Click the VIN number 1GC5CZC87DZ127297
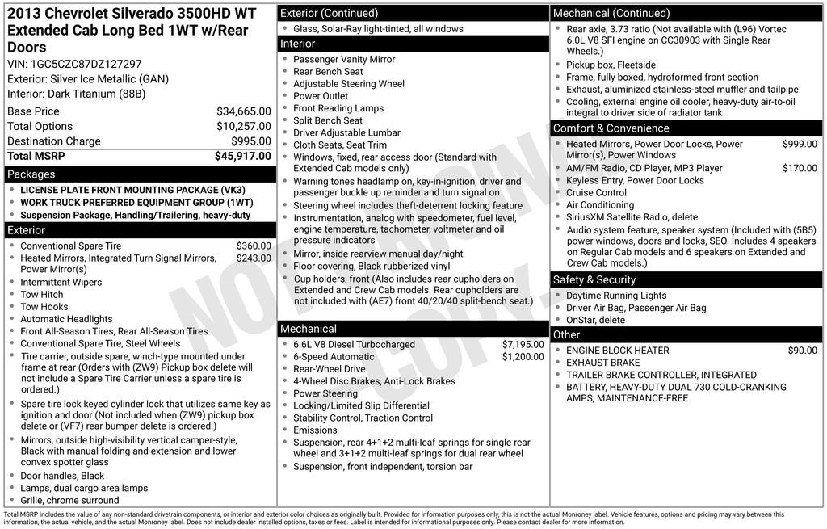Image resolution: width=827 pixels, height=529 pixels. pos(86,64)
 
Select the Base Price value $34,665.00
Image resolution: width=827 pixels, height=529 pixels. pos(243,111)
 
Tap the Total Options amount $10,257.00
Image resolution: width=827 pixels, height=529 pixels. pos(243,126)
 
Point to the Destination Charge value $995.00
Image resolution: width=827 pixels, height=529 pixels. pos(250,141)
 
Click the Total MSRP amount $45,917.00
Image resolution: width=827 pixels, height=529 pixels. pos(242,156)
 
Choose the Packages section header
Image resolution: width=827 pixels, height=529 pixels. pos(31,174)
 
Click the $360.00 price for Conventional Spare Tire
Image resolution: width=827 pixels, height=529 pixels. pos(254,246)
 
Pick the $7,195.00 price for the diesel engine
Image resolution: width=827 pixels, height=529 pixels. pos(523,344)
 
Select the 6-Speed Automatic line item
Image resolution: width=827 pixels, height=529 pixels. pos(334,357)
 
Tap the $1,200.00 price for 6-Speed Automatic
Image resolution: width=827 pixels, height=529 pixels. pos(523,357)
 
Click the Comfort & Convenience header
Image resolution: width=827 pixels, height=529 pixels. pos(611,128)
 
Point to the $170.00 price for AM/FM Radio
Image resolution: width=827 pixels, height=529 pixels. pos(800,168)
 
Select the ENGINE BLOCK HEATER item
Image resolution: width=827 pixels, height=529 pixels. pos(617,351)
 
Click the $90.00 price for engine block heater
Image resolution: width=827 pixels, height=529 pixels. pos(802,351)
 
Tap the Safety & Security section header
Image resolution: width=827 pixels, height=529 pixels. pos(594,279)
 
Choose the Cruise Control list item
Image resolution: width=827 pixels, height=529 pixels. pos(596,193)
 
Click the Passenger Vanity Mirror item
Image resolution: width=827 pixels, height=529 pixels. pos(344,60)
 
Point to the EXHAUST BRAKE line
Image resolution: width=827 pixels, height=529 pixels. pos(602,363)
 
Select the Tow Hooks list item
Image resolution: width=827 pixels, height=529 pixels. pos(44,307)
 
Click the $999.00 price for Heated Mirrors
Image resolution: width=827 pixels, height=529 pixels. pos(800,144)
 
